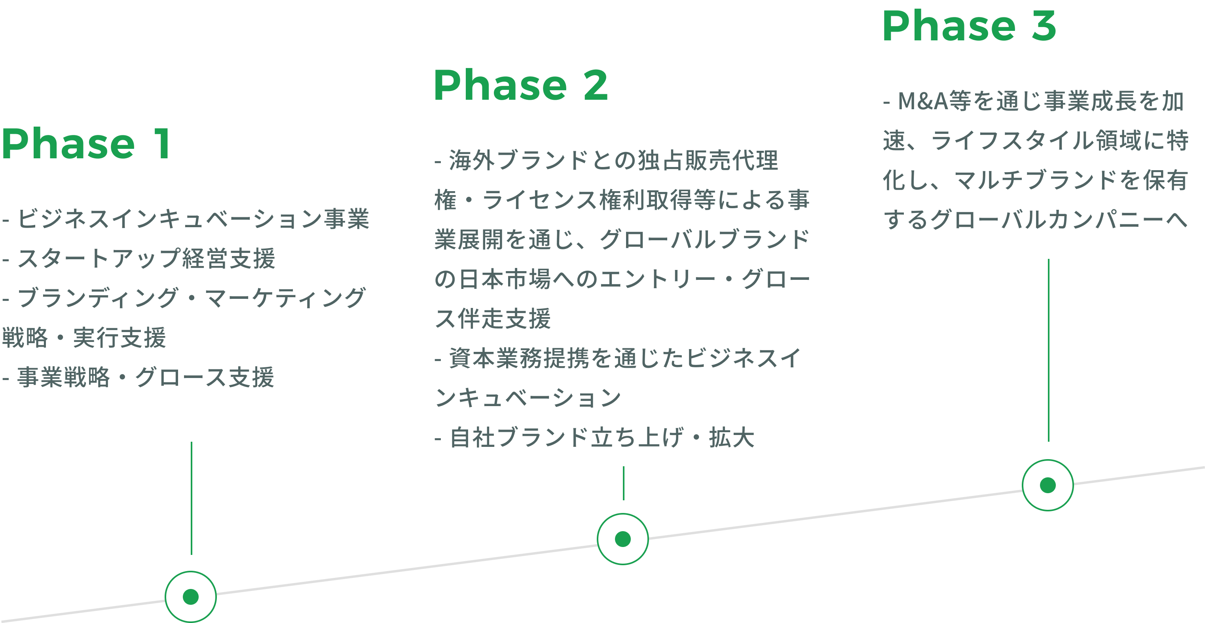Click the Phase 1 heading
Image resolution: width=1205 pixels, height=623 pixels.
point(86,144)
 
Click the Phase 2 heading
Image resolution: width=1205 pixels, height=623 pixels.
point(521,85)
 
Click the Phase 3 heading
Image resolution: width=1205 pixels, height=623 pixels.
point(969,26)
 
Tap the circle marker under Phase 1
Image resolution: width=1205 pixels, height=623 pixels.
point(191,596)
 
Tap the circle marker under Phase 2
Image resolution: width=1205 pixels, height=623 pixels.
point(622,539)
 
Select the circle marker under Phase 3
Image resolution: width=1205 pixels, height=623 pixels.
point(1047,485)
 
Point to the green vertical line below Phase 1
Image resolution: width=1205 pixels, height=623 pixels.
point(191,498)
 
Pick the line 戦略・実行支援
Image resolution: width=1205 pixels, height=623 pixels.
point(84,338)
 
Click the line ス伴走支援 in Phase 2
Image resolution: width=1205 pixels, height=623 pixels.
point(493,319)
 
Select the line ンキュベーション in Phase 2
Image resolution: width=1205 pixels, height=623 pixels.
point(528,398)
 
